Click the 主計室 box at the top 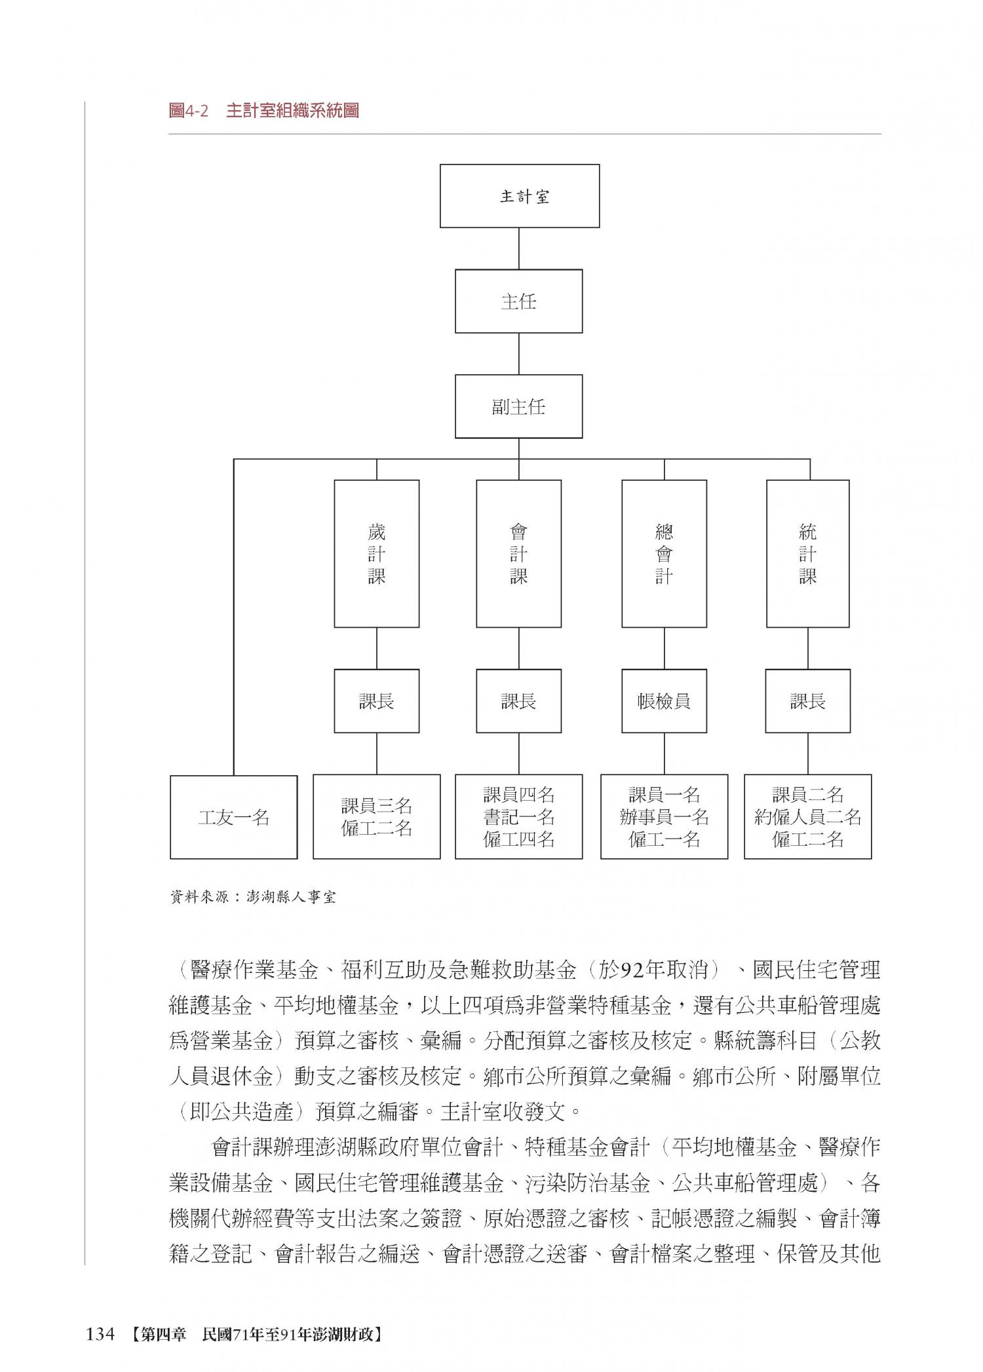tap(519, 196)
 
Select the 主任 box tap(518, 301)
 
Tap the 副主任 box tap(518, 407)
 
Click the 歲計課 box tap(376, 554)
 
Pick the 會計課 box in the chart tap(518, 554)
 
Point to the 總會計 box tap(664, 554)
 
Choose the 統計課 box tap(807, 554)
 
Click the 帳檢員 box tap(664, 701)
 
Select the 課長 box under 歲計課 tap(376, 701)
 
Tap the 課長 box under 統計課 tap(807, 701)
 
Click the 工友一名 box tap(233, 817)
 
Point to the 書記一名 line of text tap(518, 817)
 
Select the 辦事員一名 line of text tap(664, 817)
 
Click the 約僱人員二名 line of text tap(807, 817)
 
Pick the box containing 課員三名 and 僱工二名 tap(376, 817)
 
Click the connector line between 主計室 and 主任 tap(519, 248)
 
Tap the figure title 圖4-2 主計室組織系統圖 tap(263, 111)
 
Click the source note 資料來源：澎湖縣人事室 tap(252, 897)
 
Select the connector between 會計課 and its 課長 tap(519, 648)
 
